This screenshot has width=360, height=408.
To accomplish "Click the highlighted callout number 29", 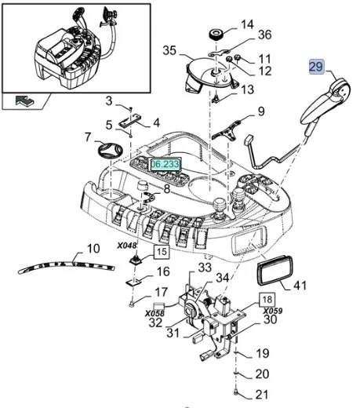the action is coord(317,67).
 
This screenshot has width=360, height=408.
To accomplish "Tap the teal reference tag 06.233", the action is coord(165,164).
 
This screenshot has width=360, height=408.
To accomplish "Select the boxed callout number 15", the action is coord(162,252).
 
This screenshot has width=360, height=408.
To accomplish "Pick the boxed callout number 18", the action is coord(267,300).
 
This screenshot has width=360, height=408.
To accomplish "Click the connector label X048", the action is coord(127,246).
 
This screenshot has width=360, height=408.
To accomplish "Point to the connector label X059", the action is coord(273,311).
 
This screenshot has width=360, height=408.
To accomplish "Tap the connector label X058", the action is coord(155,313).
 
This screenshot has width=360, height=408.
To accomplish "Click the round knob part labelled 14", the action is coord(216,35).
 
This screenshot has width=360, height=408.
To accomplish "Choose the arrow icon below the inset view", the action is coord(24,100).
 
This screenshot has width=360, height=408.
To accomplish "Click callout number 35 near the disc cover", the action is coord(169,50).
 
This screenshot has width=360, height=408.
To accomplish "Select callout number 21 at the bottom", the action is coord(261,395).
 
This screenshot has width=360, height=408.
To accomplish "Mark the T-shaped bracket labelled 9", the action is coord(227,132).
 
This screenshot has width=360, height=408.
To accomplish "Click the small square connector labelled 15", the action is coord(136,260).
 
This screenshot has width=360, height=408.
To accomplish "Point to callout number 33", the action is coord(205,268).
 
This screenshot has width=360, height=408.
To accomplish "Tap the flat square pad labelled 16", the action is coord(134,282).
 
